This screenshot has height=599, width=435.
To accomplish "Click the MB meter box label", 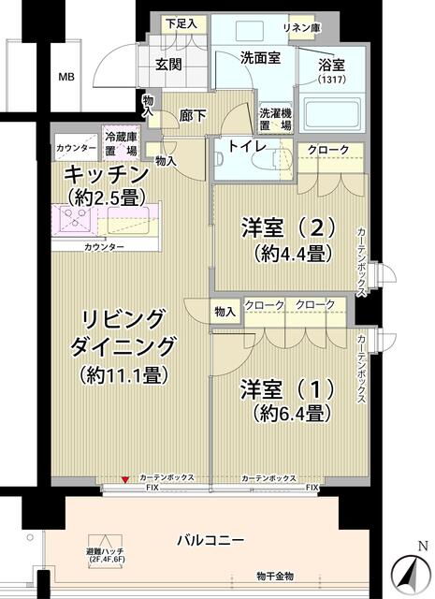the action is (66, 77).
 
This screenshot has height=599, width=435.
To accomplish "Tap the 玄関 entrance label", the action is (168, 65).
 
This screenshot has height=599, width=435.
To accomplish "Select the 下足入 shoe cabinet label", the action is (181, 23).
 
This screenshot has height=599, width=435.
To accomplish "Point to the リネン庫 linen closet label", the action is (301, 27).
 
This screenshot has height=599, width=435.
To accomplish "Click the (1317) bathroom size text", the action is (331, 80).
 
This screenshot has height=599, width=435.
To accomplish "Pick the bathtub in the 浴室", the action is (331, 114).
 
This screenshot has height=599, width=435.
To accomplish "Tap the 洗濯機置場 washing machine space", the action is (276, 119).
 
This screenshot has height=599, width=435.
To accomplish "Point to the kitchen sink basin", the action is (128, 220).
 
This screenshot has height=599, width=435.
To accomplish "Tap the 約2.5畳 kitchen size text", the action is (107, 197).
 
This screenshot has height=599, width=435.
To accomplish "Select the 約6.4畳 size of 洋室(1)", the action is (292, 413).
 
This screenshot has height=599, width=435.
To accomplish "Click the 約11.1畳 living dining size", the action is (123, 374).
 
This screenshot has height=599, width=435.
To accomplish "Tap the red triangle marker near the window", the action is (124, 479).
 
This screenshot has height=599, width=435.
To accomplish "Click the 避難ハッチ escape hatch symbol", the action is (106, 544).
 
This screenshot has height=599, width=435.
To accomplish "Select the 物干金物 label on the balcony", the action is (275, 577).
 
